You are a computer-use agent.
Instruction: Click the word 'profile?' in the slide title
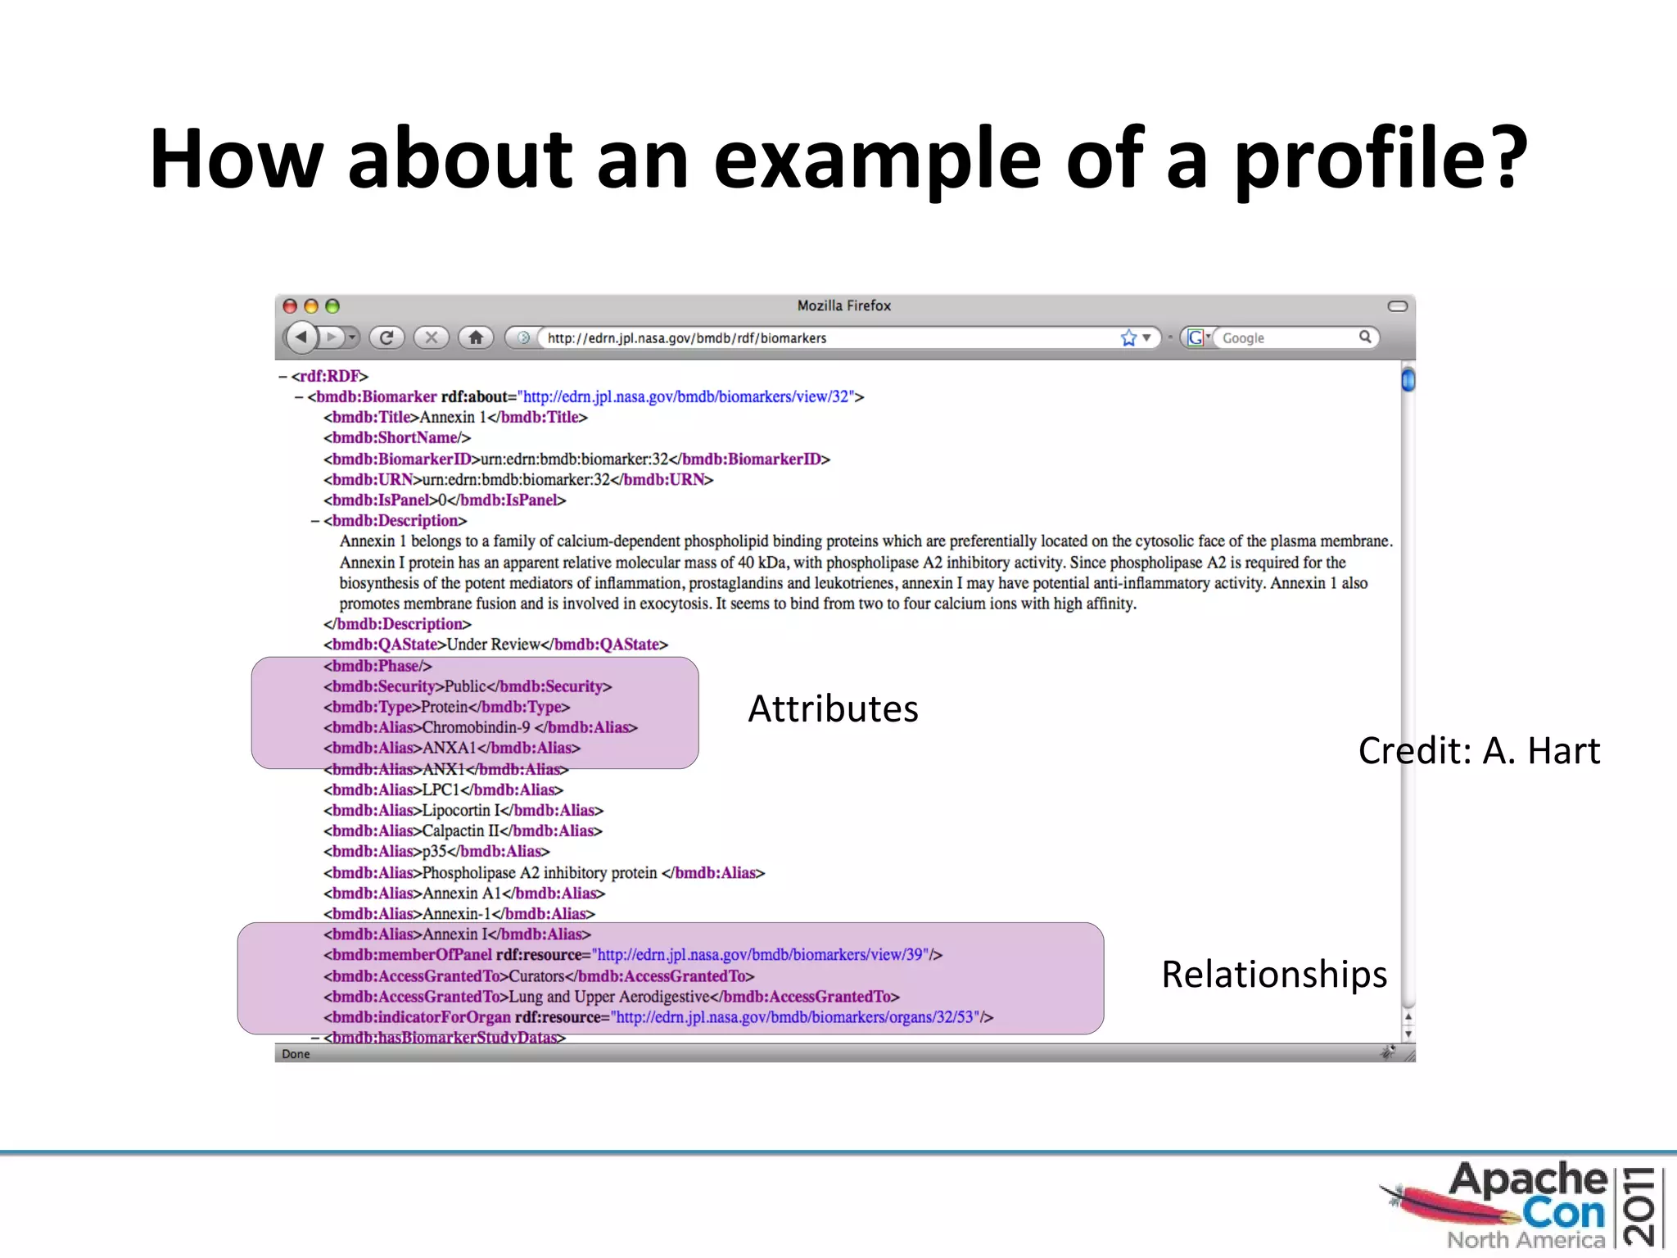pos(1381,160)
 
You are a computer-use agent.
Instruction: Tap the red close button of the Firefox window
pos(290,306)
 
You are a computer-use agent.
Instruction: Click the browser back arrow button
pos(301,337)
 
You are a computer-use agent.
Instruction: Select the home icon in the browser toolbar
pos(476,337)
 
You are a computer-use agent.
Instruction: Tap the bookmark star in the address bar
pos(1128,337)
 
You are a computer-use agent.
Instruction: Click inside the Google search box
pos(1286,338)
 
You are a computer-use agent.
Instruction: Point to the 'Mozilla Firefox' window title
pos(843,305)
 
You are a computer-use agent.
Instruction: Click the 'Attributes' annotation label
pos(833,709)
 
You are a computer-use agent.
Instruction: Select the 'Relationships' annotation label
pos(1273,975)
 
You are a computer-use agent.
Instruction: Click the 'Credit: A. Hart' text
pos(1478,751)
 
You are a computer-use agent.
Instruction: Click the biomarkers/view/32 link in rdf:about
pos(686,396)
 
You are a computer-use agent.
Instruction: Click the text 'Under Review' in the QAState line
pos(493,645)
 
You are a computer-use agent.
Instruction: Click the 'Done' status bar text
pos(296,1054)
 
